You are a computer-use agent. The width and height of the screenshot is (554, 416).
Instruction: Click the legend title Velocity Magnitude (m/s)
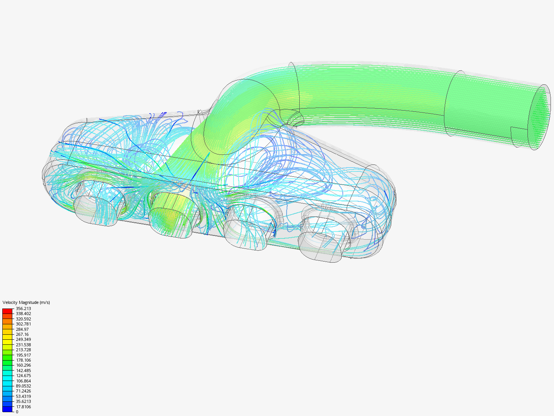click(x=26, y=302)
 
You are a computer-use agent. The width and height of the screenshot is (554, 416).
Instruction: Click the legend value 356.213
click(x=23, y=309)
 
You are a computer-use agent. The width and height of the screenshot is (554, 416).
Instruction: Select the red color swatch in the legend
click(x=7, y=311)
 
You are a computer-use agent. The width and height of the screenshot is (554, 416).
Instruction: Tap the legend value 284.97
click(x=22, y=329)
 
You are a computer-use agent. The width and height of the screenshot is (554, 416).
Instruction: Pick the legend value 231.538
click(x=23, y=345)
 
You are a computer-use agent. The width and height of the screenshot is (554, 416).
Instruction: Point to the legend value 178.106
click(x=23, y=360)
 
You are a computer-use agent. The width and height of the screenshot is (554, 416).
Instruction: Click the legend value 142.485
click(x=23, y=371)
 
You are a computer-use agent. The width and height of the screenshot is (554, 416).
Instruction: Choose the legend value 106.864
click(x=23, y=381)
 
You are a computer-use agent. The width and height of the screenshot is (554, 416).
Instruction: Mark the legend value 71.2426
click(x=23, y=391)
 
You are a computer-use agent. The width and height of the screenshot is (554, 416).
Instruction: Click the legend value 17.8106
click(x=23, y=407)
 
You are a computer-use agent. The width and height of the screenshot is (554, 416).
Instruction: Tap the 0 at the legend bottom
click(x=17, y=412)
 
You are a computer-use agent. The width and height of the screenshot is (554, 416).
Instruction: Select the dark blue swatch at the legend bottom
click(x=7, y=409)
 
